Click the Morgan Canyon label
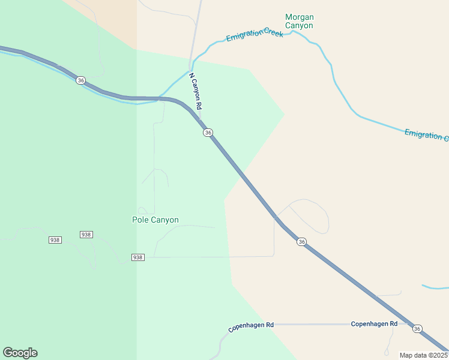pos(300,22)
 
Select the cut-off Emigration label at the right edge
pos(426,134)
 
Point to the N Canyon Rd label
pos(196,91)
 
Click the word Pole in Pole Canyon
pos(140,220)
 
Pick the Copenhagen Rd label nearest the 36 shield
pos(374,324)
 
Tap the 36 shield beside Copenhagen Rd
pos(417,329)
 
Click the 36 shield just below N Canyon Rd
pos(208,132)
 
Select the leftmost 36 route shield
pos(81,80)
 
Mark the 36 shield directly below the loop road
pos(301,241)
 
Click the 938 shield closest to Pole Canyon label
pos(138,257)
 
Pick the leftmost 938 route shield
pos(55,240)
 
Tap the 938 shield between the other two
pos(86,234)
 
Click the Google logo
pos(20,353)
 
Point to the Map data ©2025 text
pos(423,355)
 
